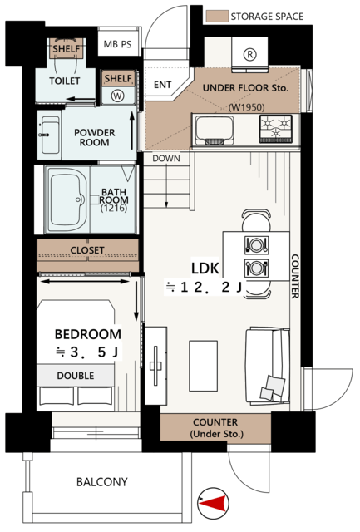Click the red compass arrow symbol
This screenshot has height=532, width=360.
click(x=213, y=504)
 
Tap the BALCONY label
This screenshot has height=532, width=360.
click(x=102, y=482)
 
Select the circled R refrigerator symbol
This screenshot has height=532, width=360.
click(x=250, y=55)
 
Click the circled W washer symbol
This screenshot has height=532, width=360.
click(x=118, y=96)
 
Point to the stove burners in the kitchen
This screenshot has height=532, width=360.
click(x=275, y=129)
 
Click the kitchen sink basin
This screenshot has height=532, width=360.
click(x=214, y=131)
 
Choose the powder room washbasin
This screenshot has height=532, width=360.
click(x=49, y=135)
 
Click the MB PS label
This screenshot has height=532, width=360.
click(x=118, y=44)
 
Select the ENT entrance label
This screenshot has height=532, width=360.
click(x=163, y=85)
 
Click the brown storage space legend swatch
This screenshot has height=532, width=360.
click(x=217, y=17)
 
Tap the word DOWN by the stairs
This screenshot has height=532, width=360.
click(x=166, y=159)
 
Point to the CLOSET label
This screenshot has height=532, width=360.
click(x=87, y=250)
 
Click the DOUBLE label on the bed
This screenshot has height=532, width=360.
click(x=76, y=376)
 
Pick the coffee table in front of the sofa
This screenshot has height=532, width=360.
click(x=203, y=366)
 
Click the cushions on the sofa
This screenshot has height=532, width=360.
click(x=273, y=387)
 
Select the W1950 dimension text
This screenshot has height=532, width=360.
click(x=247, y=107)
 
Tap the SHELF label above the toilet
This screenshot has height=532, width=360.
click(x=67, y=49)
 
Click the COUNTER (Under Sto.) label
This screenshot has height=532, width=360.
click(x=216, y=428)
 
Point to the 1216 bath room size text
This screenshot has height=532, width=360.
click(x=114, y=209)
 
